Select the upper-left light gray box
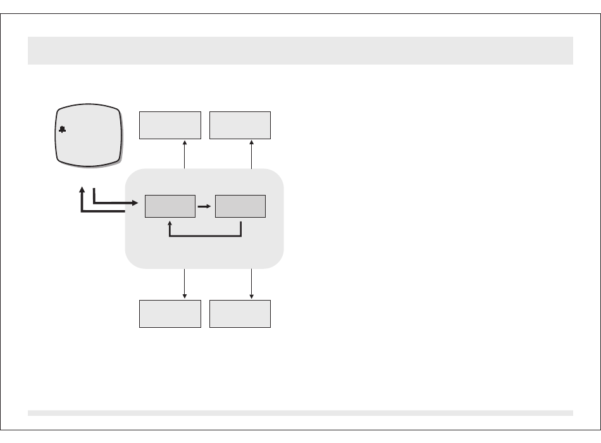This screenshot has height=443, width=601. point(170,125)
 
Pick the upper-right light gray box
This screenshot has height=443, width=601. point(240,125)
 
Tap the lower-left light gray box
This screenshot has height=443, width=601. point(170,314)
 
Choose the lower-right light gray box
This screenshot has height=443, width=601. point(240,314)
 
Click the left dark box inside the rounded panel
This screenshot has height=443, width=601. point(170,207)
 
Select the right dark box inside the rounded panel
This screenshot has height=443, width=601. point(240,207)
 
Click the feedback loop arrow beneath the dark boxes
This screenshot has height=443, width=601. point(205,237)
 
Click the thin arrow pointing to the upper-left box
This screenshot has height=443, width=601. point(184,154)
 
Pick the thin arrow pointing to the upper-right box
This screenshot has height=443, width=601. point(252,154)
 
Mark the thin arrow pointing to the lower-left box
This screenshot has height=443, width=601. point(184,284)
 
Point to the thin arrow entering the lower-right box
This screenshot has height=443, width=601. point(252,284)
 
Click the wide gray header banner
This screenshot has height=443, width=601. point(300,50)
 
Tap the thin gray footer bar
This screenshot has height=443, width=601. point(300,413)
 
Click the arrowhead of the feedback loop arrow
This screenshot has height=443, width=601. point(170,223)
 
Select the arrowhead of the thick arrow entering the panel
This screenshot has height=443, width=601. point(134,203)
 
